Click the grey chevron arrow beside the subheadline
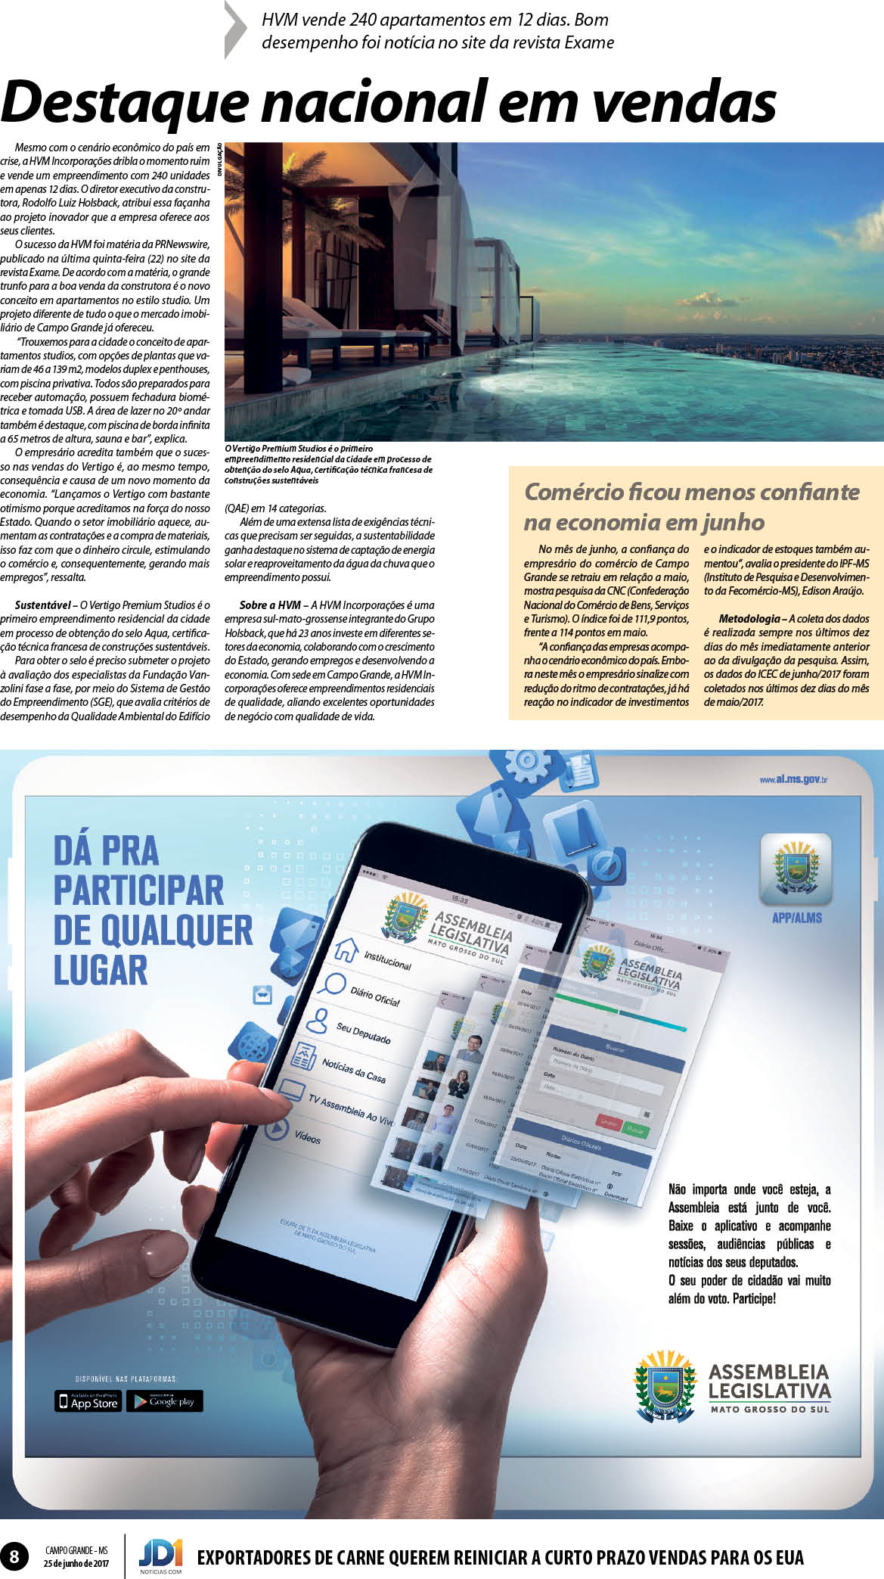(236, 30)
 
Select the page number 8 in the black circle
(14, 1556)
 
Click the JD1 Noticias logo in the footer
(160, 1556)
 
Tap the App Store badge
(88, 1401)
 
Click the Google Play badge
(164, 1401)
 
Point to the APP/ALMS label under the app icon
(796, 918)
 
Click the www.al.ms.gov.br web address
(793, 779)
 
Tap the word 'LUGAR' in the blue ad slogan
(100, 971)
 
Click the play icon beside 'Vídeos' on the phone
(278, 1128)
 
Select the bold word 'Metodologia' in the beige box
(749, 619)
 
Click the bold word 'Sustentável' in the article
(43, 605)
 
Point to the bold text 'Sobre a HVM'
(270, 605)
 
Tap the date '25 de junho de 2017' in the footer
(76, 1563)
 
